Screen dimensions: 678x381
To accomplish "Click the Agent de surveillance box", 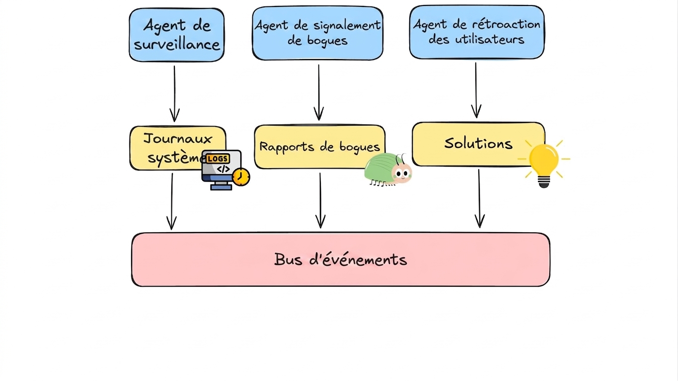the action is pyautogui.click(x=177, y=35).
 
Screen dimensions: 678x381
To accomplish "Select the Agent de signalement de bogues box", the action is pyautogui.click(x=317, y=33).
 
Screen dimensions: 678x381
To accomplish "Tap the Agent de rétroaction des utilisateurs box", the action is pyautogui.click(x=477, y=32).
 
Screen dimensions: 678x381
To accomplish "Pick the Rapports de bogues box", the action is pyautogui.click(x=320, y=147).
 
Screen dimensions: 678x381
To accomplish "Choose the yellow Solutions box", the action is pyautogui.click(x=478, y=144).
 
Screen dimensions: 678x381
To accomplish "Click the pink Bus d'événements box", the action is pyautogui.click(x=341, y=259).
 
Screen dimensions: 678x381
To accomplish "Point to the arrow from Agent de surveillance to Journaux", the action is pyautogui.click(x=174, y=94).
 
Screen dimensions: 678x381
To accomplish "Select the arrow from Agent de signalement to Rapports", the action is pyautogui.click(x=319, y=92).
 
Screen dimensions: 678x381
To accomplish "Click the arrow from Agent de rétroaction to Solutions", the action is pyautogui.click(x=476, y=90).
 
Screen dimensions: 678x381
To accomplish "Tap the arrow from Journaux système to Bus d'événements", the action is pyautogui.click(x=172, y=201).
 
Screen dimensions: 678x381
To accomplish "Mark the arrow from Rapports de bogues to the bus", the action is pyautogui.click(x=320, y=200).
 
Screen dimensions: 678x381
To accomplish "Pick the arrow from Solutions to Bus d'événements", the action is pyautogui.click(x=479, y=198).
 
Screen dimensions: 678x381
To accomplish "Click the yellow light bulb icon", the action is pyautogui.click(x=544, y=164).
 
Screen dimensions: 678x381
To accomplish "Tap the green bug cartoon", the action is pyautogui.click(x=388, y=169).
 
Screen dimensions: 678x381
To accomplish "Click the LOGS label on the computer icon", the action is pyautogui.click(x=218, y=159).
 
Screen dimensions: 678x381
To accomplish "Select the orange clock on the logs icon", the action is pyautogui.click(x=241, y=177).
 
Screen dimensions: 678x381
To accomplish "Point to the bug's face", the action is pyautogui.click(x=402, y=173).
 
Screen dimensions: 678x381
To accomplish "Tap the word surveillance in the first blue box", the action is pyautogui.click(x=177, y=45).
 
